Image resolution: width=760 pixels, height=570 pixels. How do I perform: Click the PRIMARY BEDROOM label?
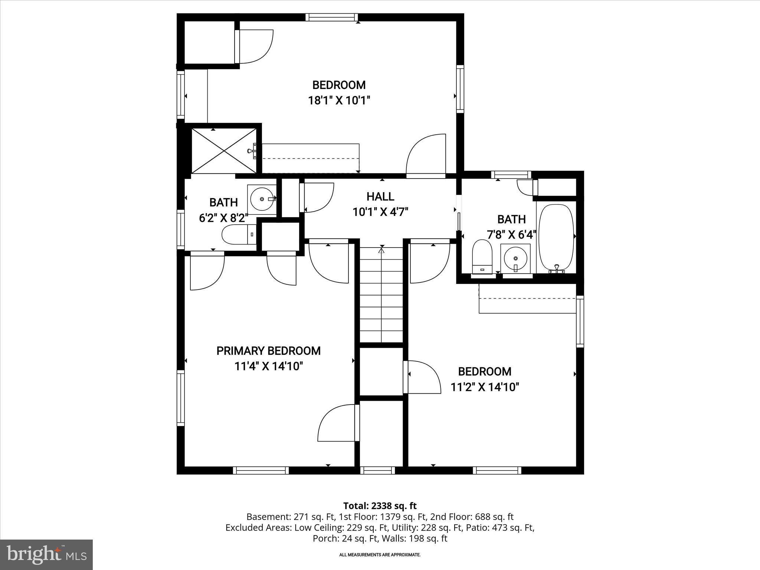coord(268,351)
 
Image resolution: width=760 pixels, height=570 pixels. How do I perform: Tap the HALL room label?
coord(380,197)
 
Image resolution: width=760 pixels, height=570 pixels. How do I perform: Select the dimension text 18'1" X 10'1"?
coord(339,101)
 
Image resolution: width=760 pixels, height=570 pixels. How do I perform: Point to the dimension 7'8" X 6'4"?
coord(511,235)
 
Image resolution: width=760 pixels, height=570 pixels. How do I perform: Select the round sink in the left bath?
coord(262,199)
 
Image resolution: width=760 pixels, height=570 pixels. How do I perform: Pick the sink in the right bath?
coord(515,258)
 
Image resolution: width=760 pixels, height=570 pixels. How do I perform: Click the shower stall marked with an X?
coord(224,150)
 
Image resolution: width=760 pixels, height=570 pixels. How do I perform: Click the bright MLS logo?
coord(46,554)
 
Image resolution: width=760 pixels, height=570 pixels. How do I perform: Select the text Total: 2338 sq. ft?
coord(380,506)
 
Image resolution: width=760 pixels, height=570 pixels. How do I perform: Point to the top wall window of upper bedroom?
coord(332,17)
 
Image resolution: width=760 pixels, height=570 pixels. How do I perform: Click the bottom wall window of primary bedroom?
coord(261,470)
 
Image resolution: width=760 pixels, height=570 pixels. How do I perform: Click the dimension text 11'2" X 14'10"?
coord(485,387)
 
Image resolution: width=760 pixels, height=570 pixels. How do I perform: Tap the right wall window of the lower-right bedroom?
coord(580,321)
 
